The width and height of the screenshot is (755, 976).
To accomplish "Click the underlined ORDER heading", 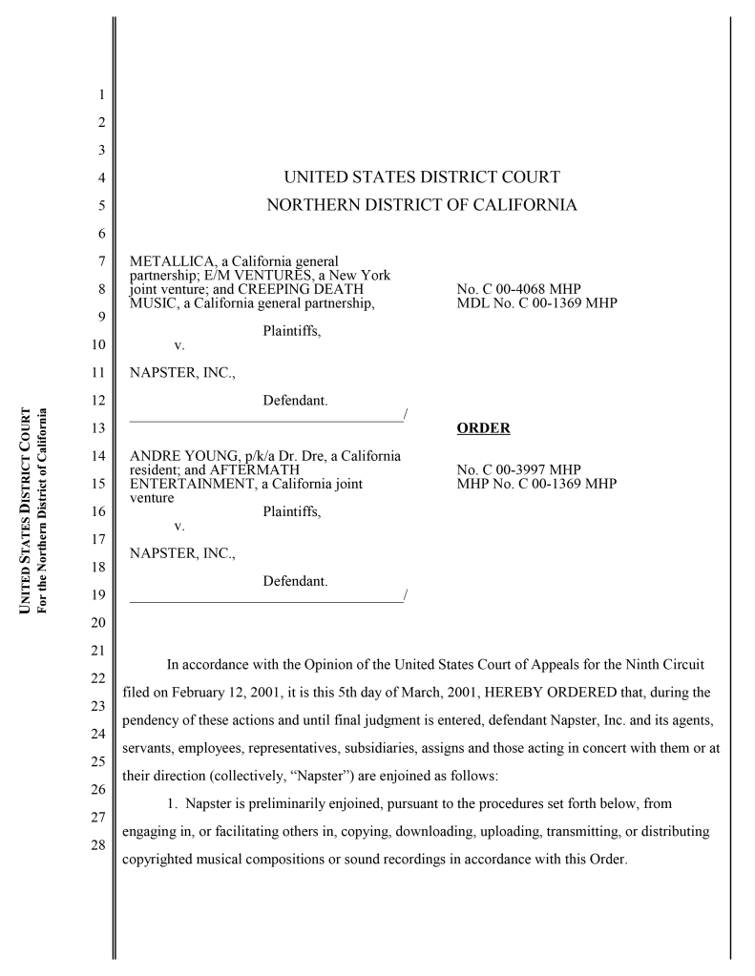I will click(483, 428).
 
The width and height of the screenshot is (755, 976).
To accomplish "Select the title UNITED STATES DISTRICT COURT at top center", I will click(422, 177).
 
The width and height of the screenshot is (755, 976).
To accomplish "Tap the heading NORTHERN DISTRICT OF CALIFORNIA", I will click(422, 204).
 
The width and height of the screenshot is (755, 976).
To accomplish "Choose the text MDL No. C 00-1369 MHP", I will click(537, 303).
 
